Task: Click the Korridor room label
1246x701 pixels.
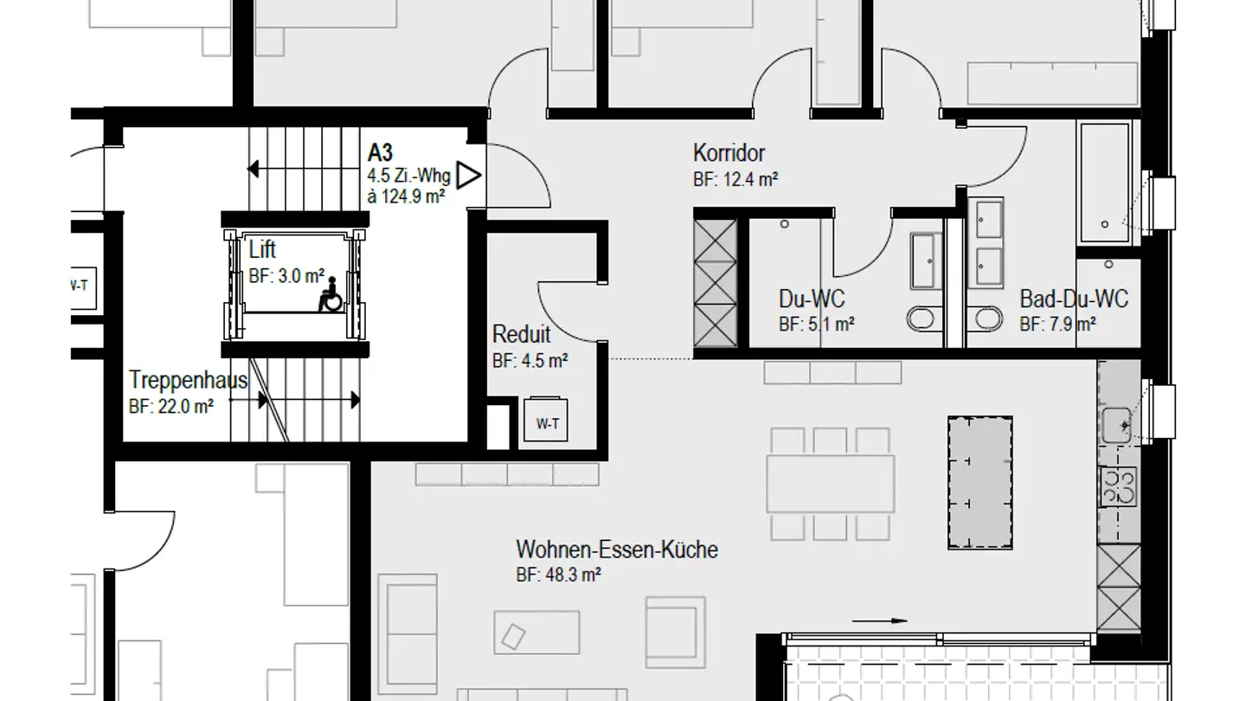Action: pyautogui.click(x=729, y=153)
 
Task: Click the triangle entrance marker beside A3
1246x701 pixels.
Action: pyautogui.click(x=468, y=176)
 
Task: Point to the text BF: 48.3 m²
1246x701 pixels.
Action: pyautogui.click(x=558, y=574)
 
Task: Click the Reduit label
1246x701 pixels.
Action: pyautogui.click(x=521, y=334)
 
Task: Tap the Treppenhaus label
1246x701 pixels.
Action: pyautogui.click(x=188, y=380)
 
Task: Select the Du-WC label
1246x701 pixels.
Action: pyautogui.click(x=812, y=299)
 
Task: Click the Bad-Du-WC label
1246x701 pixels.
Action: pyautogui.click(x=1073, y=299)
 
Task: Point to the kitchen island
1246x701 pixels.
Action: pyautogui.click(x=979, y=482)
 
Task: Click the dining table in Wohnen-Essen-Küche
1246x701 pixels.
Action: pyautogui.click(x=831, y=484)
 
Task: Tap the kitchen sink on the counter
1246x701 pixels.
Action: pyautogui.click(x=1117, y=425)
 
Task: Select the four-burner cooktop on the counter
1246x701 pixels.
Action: pyautogui.click(x=1117, y=486)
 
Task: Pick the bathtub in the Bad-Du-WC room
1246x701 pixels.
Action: pyautogui.click(x=1103, y=183)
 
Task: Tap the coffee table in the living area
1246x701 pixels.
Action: pyautogui.click(x=536, y=632)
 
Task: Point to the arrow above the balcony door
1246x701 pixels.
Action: pyautogui.click(x=880, y=621)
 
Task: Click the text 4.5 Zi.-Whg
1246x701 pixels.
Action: pyautogui.click(x=408, y=177)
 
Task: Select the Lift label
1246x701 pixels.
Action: pyautogui.click(x=262, y=251)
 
